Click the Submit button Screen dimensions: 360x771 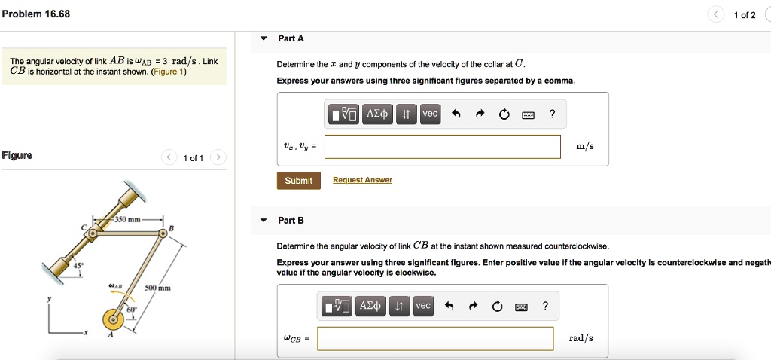pos(298,180)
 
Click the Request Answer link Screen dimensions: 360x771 pos(362,180)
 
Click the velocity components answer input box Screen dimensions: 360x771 pos(442,147)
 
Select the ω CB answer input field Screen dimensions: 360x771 pos(435,338)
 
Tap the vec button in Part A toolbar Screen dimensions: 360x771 pos(429,114)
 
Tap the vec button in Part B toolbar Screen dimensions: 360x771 pos(423,305)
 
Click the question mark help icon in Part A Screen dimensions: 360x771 pos(552,114)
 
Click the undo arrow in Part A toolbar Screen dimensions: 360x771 pos(455,114)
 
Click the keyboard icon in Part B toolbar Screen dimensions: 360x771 pos(520,306)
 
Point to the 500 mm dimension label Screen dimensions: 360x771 pos(158,288)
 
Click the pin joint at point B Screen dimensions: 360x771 pos(162,235)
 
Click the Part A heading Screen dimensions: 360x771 pos(291,38)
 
